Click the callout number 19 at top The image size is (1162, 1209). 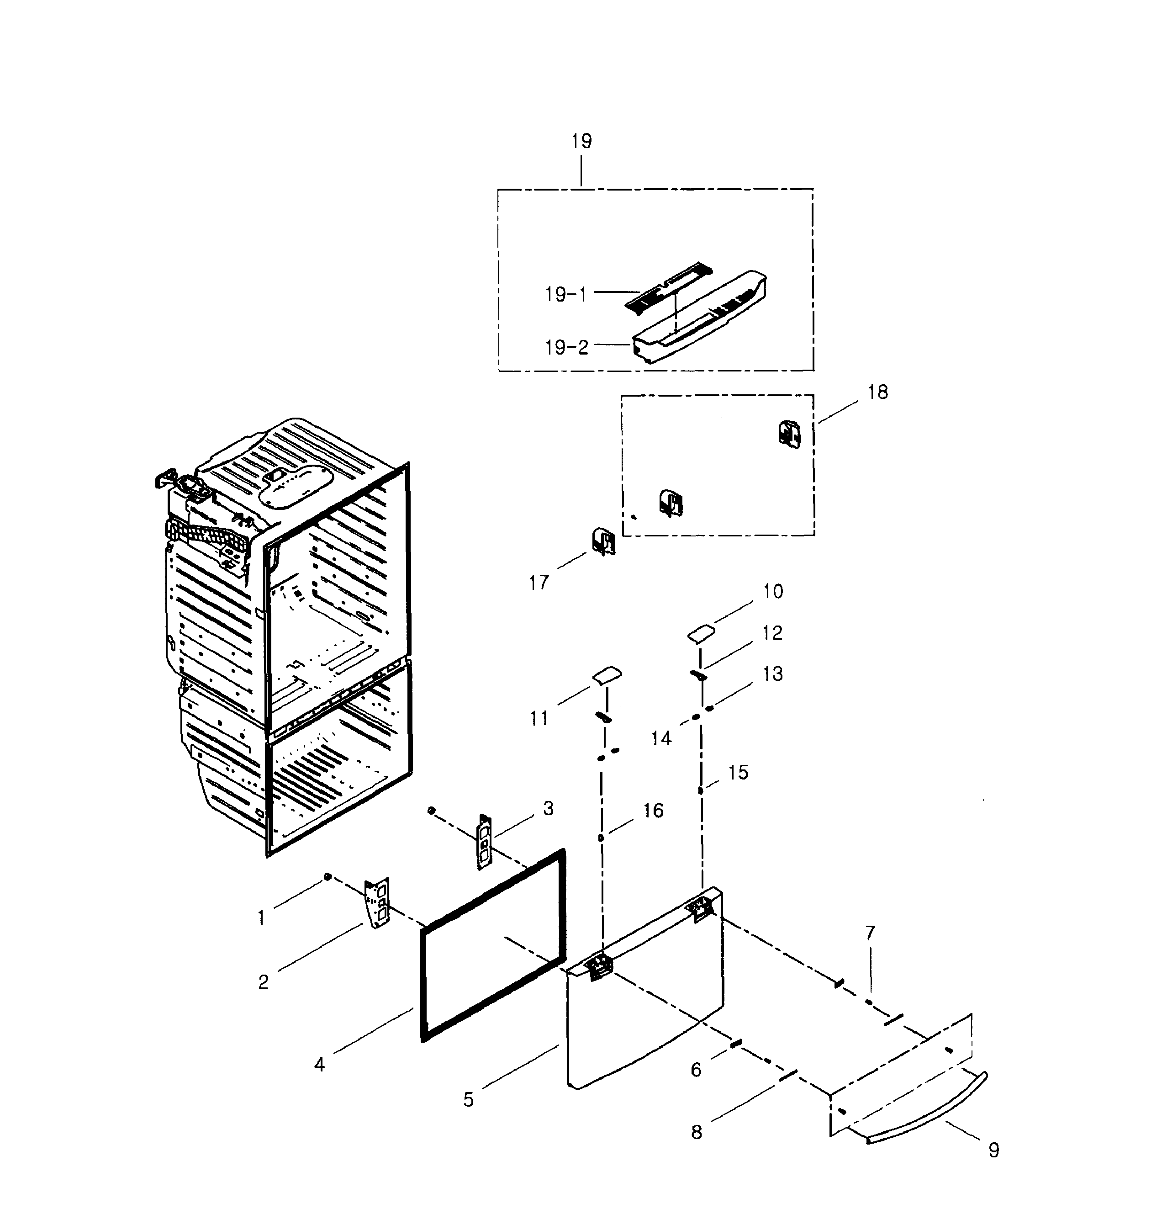581,141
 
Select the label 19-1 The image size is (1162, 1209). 565,295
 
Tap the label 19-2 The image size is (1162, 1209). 566,348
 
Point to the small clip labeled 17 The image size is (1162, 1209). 603,541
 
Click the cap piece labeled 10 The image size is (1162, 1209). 701,633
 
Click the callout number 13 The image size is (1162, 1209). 772,673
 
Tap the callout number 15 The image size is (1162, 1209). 738,772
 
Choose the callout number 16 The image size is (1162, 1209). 653,810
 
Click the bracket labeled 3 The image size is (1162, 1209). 484,841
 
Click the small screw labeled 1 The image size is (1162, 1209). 328,876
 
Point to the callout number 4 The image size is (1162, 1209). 319,1064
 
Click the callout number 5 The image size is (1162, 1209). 469,1099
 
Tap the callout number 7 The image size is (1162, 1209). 870,933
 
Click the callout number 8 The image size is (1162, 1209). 697,1132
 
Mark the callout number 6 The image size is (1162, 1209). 696,1070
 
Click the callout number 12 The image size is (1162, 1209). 772,633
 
